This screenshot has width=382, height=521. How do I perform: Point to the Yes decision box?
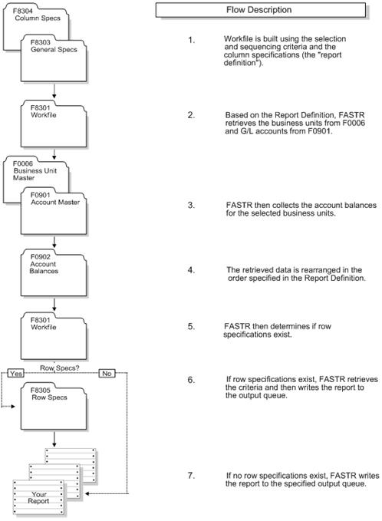[x=15, y=373]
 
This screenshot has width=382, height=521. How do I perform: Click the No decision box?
[x=107, y=373]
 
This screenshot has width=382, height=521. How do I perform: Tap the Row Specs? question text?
[x=60, y=368]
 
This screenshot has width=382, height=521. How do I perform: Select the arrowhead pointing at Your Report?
[x=87, y=494]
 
